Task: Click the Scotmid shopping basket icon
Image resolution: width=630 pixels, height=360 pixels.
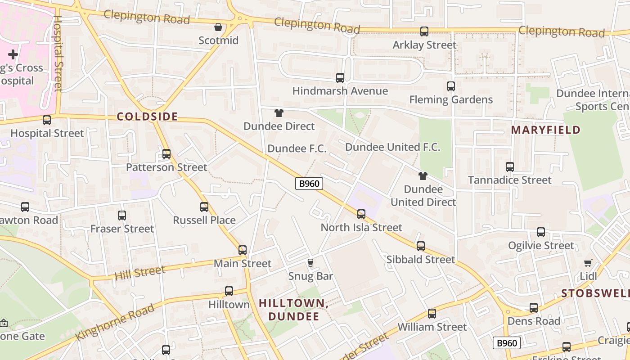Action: click(218, 27)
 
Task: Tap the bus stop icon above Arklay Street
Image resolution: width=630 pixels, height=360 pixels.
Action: click(424, 31)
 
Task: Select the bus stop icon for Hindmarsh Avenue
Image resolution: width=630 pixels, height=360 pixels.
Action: click(340, 78)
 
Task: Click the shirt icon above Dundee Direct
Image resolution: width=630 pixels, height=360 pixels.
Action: click(279, 113)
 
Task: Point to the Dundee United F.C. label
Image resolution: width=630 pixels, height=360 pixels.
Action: click(392, 147)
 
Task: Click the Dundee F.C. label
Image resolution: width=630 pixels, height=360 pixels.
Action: click(297, 148)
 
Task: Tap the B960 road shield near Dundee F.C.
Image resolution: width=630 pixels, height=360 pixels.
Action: click(309, 183)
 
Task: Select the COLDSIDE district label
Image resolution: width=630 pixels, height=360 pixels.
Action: click(148, 117)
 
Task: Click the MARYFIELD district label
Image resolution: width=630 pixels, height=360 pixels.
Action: click(545, 130)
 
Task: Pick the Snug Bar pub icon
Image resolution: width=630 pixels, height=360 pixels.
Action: click(310, 262)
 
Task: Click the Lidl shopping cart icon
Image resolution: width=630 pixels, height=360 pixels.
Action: click(588, 263)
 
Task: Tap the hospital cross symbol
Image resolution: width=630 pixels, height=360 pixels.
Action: click(13, 54)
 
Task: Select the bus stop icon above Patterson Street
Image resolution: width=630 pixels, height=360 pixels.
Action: click(166, 154)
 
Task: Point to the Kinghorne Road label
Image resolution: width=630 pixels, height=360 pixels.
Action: click(115, 322)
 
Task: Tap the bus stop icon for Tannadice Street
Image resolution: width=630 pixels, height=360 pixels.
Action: click(510, 167)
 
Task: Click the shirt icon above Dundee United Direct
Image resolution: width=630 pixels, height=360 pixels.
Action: click(423, 175)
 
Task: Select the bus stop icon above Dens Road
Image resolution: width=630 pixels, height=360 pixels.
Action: click(534, 308)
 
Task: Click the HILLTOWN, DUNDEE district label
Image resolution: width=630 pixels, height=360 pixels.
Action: click(294, 310)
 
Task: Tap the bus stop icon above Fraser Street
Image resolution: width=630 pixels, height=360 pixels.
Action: click(122, 216)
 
